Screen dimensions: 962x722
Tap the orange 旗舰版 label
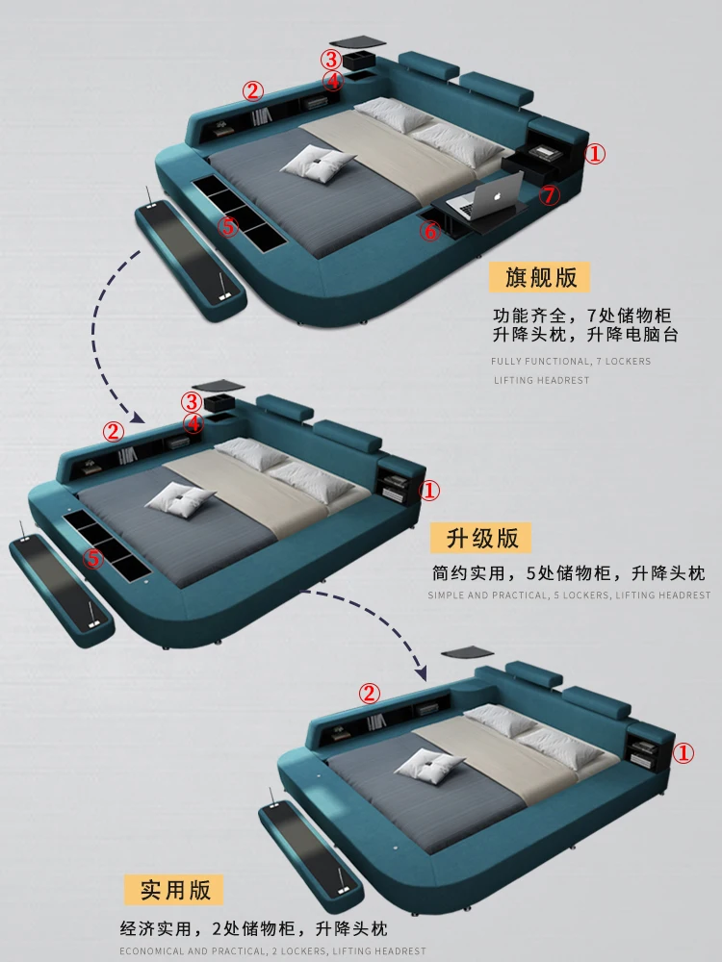(x=541, y=278)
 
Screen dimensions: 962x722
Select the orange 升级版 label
(x=481, y=537)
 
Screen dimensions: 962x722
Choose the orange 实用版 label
(x=174, y=890)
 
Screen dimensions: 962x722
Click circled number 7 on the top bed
(x=549, y=195)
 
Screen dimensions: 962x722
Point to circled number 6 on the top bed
(x=429, y=230)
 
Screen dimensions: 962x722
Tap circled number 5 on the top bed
(x=227, y=227)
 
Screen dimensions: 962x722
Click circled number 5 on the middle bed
(x=92, y=557)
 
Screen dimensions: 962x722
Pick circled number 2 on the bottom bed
(x=370, y=693)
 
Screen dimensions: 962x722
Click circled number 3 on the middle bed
(x=193, y=401)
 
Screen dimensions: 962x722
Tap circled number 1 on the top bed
(x=596, y=153)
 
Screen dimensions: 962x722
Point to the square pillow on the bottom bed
(x=429, y=766)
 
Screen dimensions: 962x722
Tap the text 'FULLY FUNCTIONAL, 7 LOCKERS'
(x=570, y=362)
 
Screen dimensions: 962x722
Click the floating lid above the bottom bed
(x=467, y=652)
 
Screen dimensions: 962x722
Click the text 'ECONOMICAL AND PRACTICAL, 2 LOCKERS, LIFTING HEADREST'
(x=272, y=951)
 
